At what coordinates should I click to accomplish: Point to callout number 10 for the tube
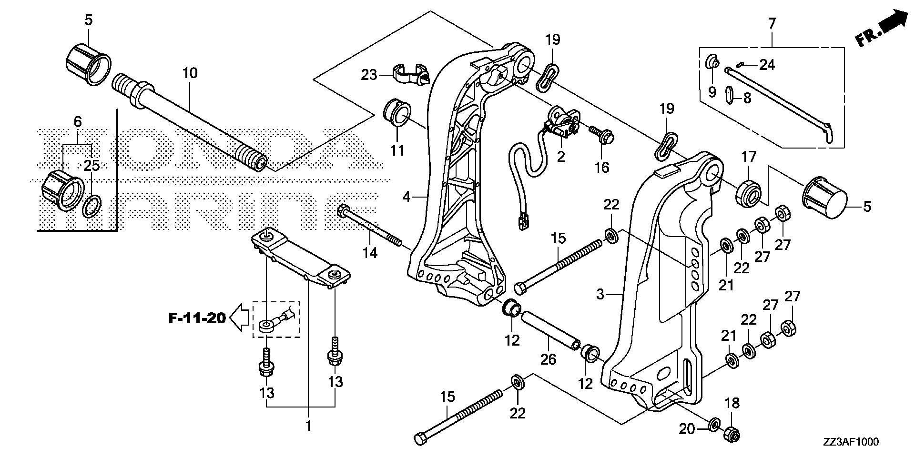(x=189, y=73)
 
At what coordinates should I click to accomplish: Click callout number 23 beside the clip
(x=368, y=75)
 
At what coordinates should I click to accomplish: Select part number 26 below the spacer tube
(x=548, y=358)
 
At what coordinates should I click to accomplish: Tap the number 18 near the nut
(x=732, y=403)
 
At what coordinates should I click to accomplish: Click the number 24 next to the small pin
(x=767, y=64)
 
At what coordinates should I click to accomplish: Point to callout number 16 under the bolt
(x=602, y=167)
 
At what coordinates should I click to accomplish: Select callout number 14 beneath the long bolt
(x=370, y=252)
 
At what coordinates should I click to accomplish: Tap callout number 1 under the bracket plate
(x=308, y=425)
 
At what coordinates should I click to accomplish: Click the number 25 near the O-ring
(x=91, y=166)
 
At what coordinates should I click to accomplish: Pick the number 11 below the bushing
(x=397, y=150)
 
